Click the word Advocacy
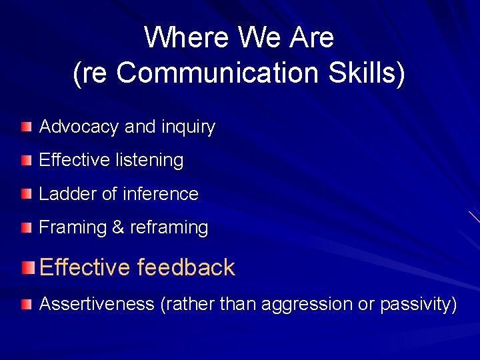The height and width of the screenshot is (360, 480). pyautogui.click(x=79, y=127)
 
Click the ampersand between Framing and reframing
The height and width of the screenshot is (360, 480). pyautogui.click(x=118, y=227)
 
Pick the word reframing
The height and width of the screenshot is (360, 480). pyautogui.click(x=169, y=227)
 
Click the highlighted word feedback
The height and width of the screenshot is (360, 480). pyautogui.click(x=186, y=267)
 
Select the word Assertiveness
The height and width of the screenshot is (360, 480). pyautogui.click(x=97, y=304)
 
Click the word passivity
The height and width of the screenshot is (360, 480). pyautogui.click(x=418, y=305)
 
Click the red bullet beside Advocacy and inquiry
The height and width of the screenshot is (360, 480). pyautogui.click(x=26, y=126)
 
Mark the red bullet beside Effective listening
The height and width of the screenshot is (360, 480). pyautogui.click(x=26, y=160)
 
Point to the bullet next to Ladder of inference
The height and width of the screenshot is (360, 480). pyautogui.click(x=26, y=194)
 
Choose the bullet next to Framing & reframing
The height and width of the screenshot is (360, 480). pyautogui.click(x=26, y=227)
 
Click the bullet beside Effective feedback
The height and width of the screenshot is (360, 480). pyautogui.click(x=27, y=268)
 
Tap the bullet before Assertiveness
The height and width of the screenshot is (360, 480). pyautogui.click(x=26, y=305)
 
